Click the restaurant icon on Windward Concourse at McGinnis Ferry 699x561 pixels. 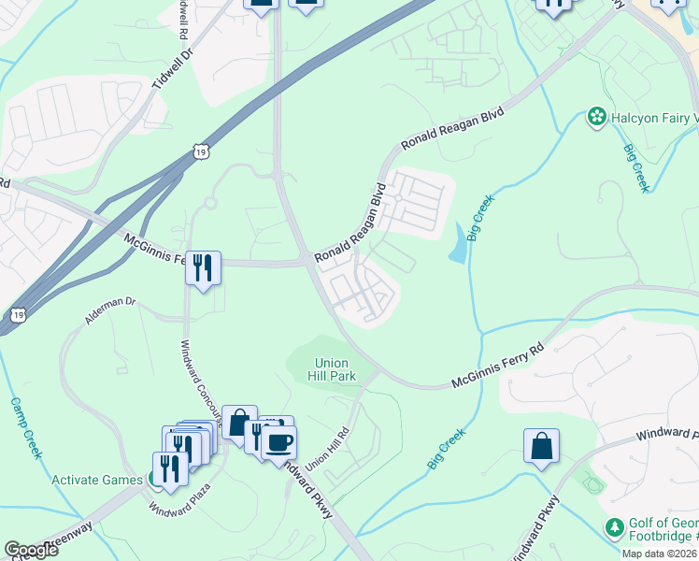pos(203,268)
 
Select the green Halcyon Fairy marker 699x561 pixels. pos(595,117)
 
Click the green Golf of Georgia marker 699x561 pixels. pos(614,529)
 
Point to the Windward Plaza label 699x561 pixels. pos(179,499)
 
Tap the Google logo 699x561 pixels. pos(31,550)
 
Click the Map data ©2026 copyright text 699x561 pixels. pos(659,554)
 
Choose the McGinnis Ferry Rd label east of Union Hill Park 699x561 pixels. pos(497,368)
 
